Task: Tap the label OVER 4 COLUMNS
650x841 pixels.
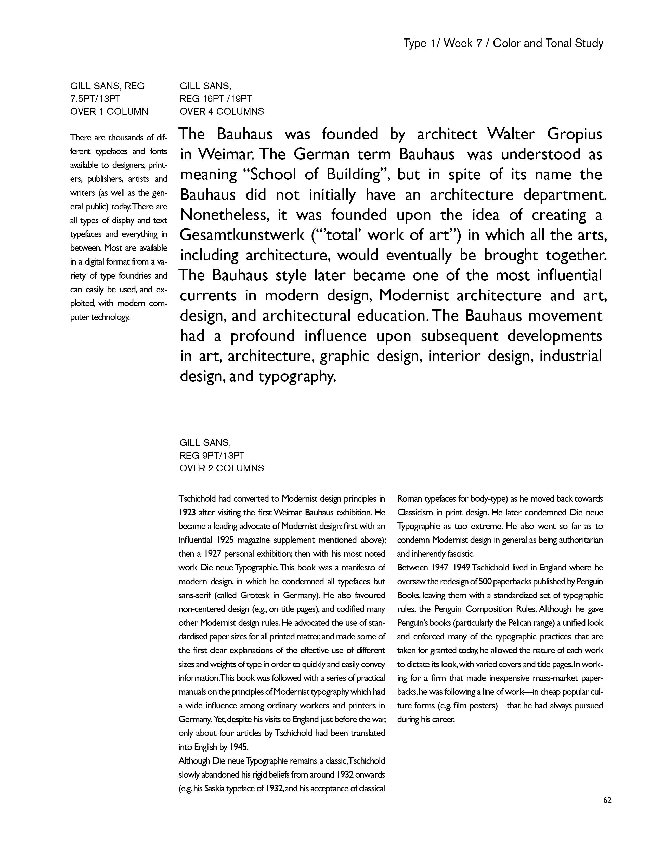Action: (222, 112)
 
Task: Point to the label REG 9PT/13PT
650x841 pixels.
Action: (212, 456)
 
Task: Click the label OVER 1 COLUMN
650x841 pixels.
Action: (109, 112)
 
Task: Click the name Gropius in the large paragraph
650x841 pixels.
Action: (575, 134)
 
